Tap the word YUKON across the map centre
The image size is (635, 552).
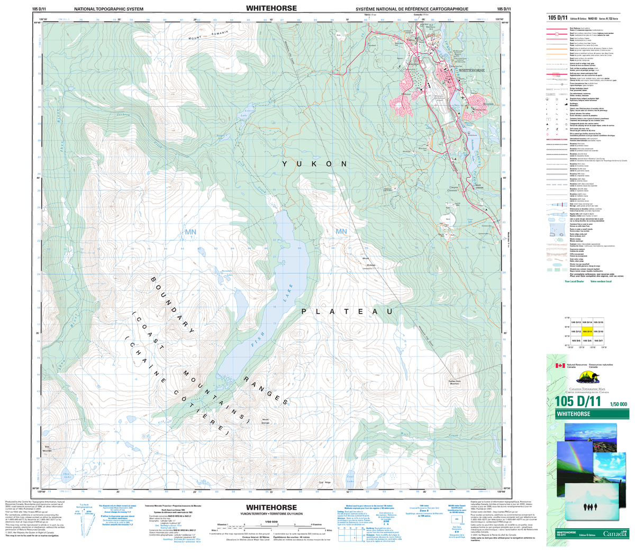(313, 164)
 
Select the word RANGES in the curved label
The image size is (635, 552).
(265, 392)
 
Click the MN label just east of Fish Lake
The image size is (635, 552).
(340, 232)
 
